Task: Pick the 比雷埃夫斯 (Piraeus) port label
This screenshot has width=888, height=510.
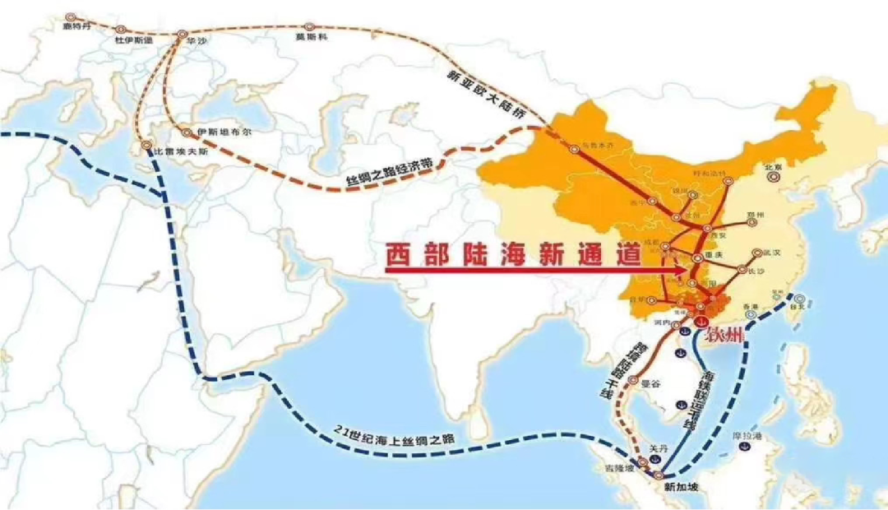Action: pos(180,153)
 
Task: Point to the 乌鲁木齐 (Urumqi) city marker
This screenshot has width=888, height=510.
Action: pos(573,149)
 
